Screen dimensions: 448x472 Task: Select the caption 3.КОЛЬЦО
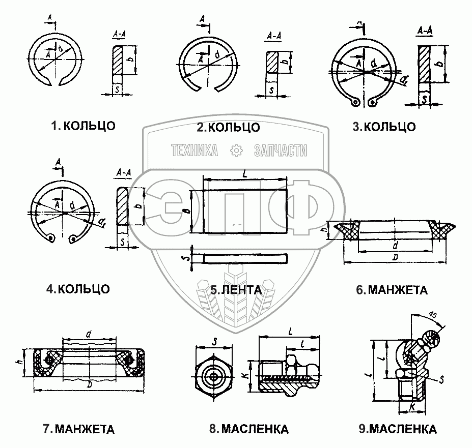[384, 127]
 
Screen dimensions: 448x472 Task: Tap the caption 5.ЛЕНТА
[236, 290]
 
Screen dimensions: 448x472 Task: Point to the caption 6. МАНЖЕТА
[392, 290]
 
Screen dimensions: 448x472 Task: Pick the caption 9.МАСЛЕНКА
[397, 429]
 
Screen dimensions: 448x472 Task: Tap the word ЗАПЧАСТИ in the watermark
[280, 150]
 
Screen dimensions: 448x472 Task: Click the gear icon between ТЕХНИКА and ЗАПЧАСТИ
[236, 150]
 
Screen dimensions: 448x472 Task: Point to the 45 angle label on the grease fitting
[434, 315]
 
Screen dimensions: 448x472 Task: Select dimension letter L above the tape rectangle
[245, 173]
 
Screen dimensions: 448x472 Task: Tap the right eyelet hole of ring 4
[75, 238]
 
